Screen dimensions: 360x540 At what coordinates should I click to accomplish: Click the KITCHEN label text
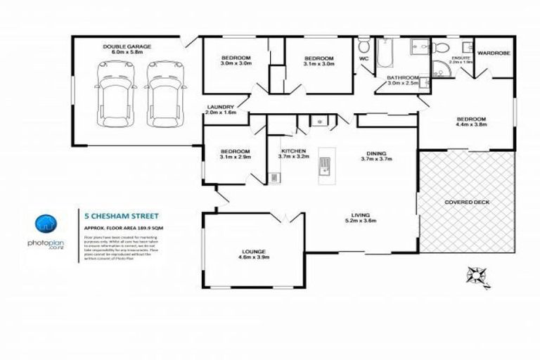tap(292, 151)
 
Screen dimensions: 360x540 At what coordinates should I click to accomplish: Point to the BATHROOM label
tap(403, 77)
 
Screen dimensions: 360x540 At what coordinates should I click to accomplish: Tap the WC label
tap(364, 58)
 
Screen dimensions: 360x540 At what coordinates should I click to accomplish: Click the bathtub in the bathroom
tap(385, 53)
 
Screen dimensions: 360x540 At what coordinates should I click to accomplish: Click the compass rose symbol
tap(476, 274)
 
